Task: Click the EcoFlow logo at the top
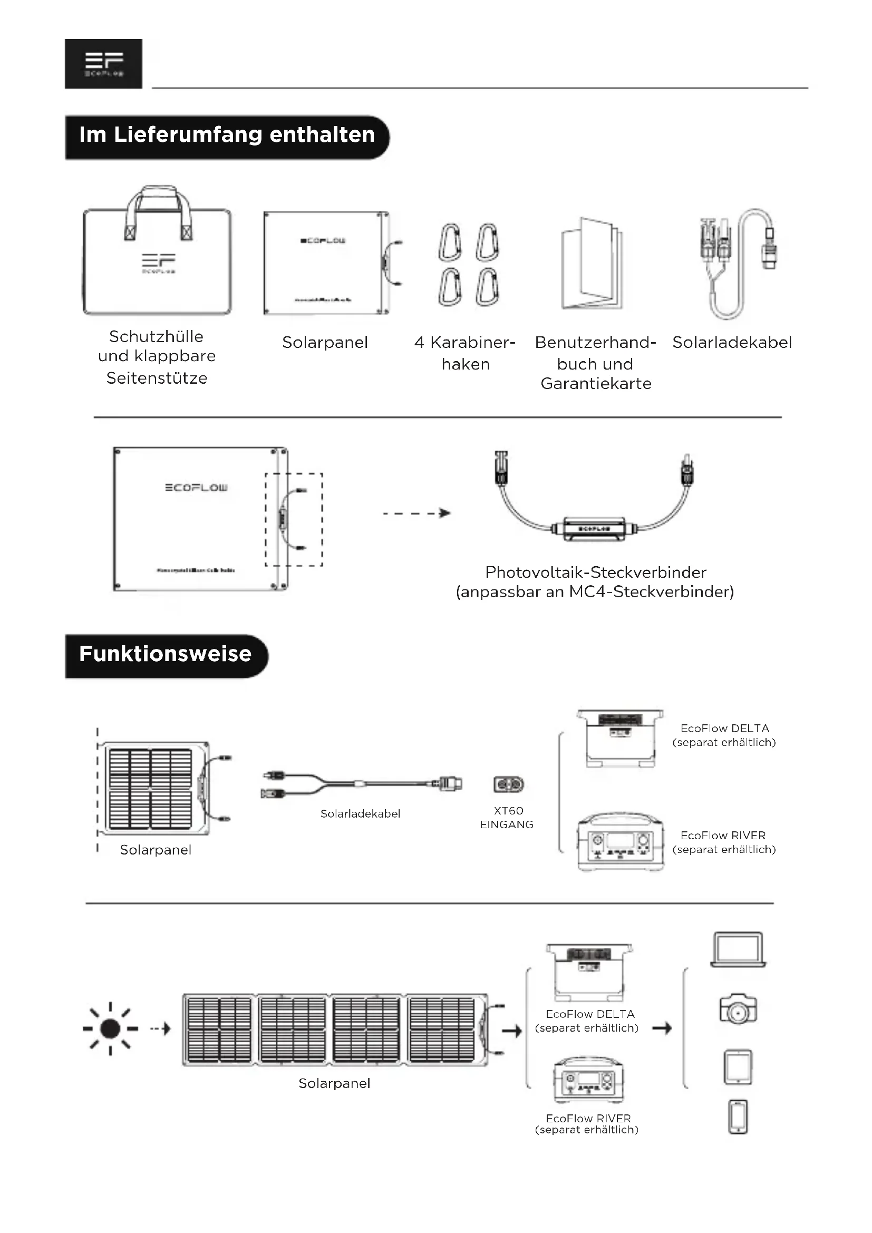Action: coord(104,63)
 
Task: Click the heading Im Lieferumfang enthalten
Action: coord(227,135)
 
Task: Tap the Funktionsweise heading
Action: coord(166,655)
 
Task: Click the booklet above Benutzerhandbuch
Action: coord(592,264)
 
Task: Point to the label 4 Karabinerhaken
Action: coord(465,353)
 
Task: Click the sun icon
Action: coord(110,1028)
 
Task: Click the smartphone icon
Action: coord(738,1117)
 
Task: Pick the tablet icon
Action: coord(738,1066)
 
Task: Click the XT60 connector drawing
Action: coord(508,784)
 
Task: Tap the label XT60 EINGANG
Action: coord(507,818)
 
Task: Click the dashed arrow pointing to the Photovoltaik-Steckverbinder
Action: coord(416,513)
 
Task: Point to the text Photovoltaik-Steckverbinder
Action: coord(595,572)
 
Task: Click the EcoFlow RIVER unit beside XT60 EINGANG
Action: coord(620,841)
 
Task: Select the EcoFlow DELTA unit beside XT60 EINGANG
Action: coord(620,739)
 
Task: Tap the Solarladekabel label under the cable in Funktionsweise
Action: coord(360,813)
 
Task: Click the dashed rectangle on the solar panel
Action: coord(294,520)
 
